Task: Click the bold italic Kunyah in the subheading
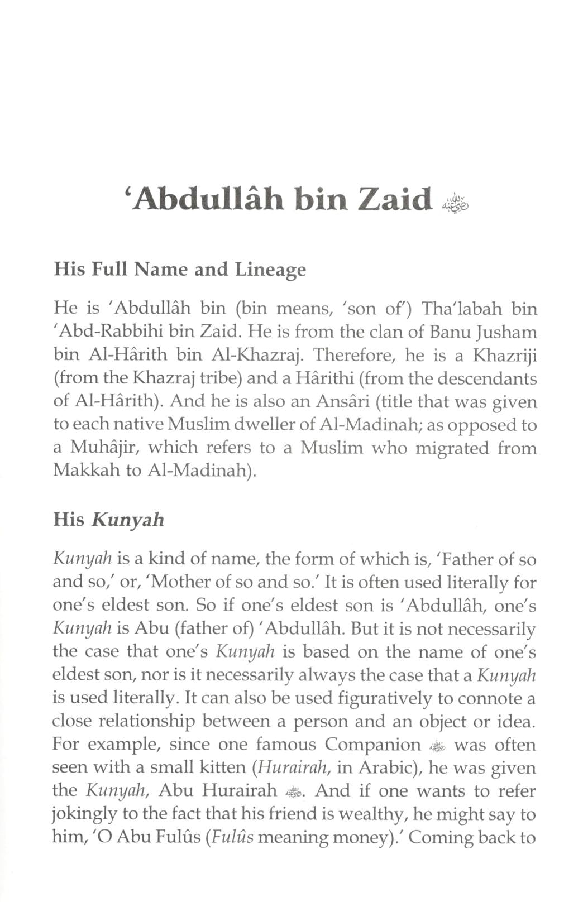pos(128,520)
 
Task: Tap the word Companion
pos(372,745)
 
